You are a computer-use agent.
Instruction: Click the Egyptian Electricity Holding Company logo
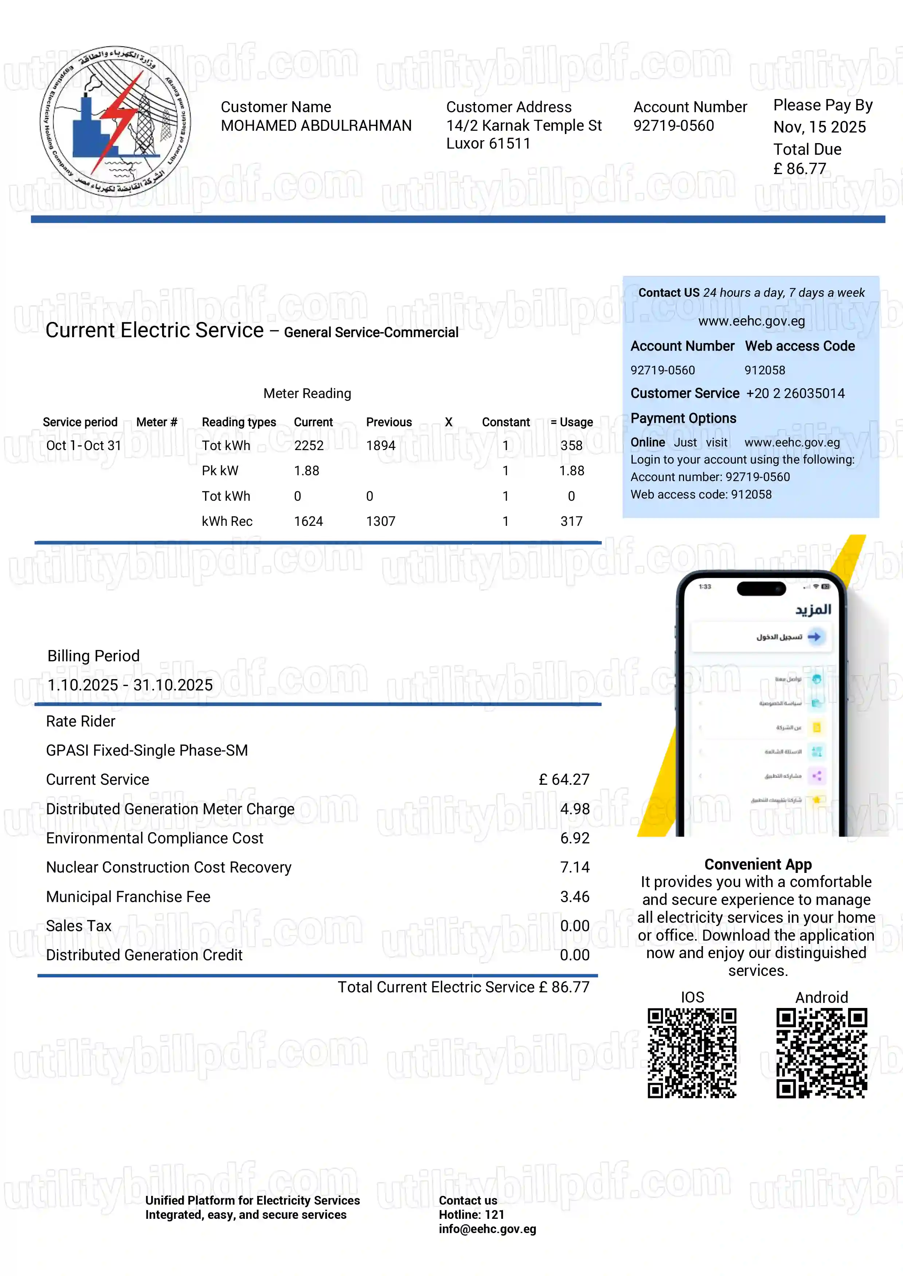click(115, 121)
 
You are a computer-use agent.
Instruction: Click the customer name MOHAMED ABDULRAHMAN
click(316, 126)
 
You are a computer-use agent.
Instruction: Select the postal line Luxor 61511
click(488, 143)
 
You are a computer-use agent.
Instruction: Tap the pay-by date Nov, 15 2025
click(819, 127)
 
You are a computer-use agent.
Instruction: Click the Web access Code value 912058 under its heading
click(765, 370)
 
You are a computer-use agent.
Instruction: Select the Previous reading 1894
click(380, 446)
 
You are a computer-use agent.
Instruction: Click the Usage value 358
click(571, 446)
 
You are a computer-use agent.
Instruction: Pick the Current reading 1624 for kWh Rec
click(308, 521)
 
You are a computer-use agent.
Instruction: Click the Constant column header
click(506, 422)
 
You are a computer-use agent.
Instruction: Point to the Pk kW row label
click(220, 471)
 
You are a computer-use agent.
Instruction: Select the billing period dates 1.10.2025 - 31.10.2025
click(130, 685)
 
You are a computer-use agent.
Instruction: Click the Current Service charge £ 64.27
click(564, 780)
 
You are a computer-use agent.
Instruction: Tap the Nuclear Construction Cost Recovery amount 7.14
click(574, 867)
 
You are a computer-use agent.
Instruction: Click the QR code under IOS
click(692, 1053)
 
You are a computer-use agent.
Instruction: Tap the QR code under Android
click(821, 1053)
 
